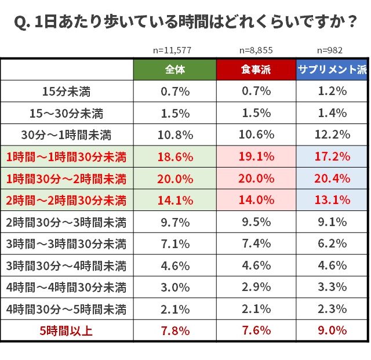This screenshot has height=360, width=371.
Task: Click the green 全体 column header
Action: point(174,70)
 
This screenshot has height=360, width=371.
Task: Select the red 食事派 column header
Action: point(256,70)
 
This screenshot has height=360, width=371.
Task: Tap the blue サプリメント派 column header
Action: point(332,70)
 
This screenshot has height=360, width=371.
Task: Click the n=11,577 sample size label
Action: point(174,50)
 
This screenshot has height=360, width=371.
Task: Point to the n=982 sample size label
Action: point(332,50)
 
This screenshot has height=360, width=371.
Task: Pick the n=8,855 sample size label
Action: point(256,50)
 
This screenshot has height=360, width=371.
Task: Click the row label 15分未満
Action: point(66,91)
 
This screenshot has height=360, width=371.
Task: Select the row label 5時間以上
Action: point(66,331)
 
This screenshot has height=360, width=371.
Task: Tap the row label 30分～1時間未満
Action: point(66,135)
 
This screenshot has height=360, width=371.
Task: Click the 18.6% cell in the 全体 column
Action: point(174,157)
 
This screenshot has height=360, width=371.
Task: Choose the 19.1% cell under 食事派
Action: point(256,157)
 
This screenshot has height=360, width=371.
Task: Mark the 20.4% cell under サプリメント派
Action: point(332,179)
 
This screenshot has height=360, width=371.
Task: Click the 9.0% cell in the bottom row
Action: point(332,331)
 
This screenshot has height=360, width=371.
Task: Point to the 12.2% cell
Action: point(332,135)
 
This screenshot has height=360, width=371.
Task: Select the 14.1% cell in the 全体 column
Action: point(174,201)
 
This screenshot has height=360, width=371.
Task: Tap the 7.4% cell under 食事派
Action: point(256,244)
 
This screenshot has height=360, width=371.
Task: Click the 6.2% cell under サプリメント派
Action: point(332,244)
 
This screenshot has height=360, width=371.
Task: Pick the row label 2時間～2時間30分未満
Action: point(66,201)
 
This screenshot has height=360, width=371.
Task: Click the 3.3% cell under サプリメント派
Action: point(332,288)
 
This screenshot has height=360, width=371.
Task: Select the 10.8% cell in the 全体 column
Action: point(174,135)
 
